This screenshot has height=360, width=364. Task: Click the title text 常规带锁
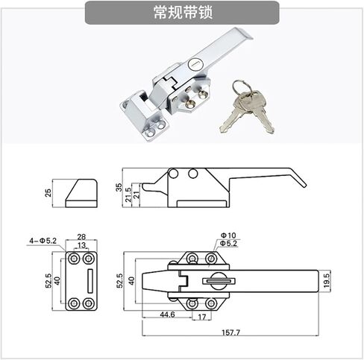pos(183,13)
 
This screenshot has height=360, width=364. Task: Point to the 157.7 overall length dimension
pos(230,332)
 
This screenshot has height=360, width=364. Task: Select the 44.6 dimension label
pos(167,315)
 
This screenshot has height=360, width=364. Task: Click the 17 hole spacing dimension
pos(202,317)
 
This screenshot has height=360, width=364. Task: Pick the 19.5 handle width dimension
pos(327,280)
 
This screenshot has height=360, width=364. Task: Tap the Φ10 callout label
pos(228,235)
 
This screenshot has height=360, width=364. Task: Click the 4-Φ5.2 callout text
pos(43,241)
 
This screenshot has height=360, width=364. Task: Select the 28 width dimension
pos(81,236)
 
